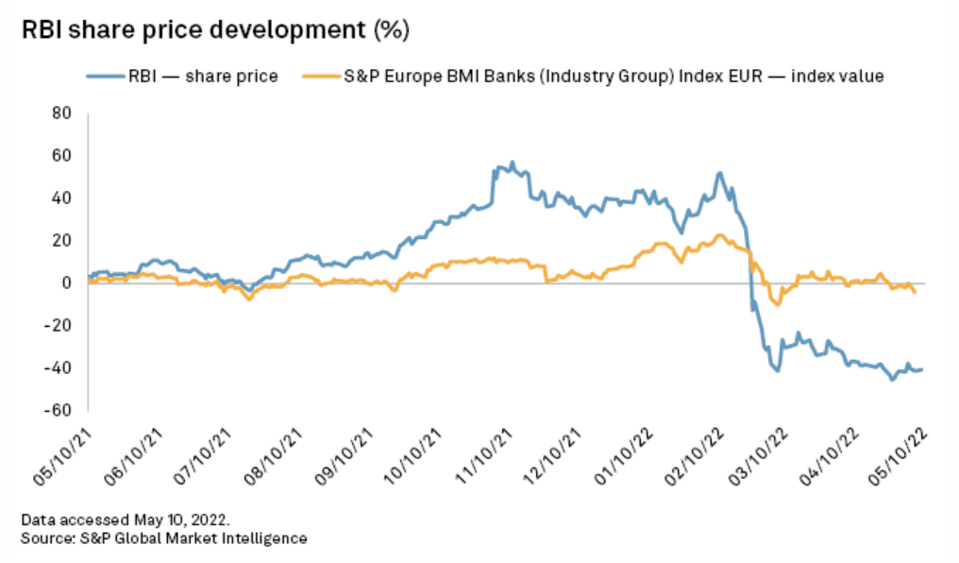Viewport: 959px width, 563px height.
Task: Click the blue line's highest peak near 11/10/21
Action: [x=513, y=162]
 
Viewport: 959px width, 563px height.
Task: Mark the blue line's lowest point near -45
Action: [x=892, y=380]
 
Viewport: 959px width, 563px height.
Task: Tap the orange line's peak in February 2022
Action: [x=720, y=235]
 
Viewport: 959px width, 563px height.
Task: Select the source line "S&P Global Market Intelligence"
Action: [x=164, y=537]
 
